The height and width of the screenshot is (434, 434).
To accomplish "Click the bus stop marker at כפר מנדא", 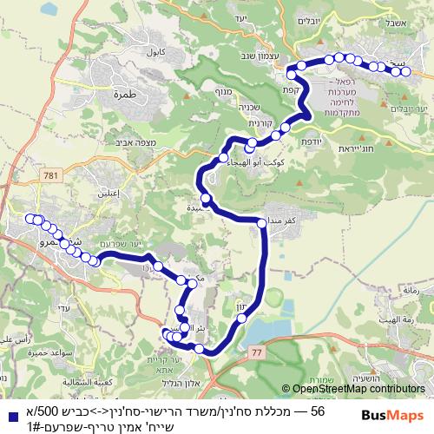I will (x=263, y=224).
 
